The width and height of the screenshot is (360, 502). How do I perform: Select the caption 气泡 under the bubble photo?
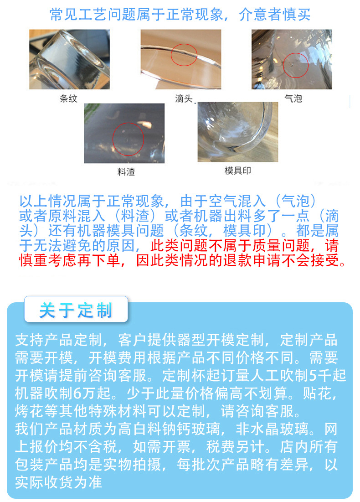293,98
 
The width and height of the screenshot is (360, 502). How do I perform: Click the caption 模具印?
237,171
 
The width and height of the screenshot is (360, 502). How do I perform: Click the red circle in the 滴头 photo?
184,56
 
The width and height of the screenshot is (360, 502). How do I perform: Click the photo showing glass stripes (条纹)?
70,59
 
